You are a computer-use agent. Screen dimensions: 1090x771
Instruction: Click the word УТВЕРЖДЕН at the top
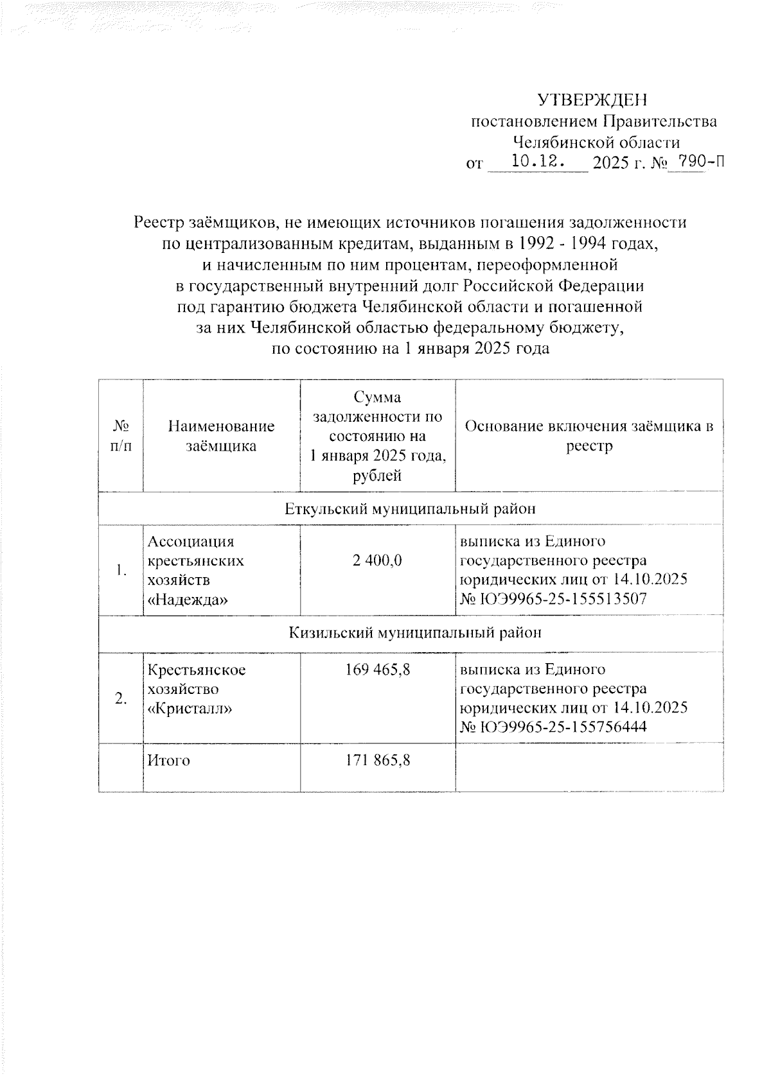tap(593, 100)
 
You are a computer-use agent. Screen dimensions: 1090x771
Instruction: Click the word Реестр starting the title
tap(159, 223)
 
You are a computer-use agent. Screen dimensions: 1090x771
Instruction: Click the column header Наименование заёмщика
tap(221, 436)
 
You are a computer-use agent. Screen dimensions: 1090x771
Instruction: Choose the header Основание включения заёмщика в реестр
tap(589, 436)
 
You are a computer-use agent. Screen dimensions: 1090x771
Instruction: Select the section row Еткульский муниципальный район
tap(410, 509)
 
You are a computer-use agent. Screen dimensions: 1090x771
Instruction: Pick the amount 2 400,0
tap(377, 560)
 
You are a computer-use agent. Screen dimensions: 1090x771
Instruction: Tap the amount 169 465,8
tap(377, 670)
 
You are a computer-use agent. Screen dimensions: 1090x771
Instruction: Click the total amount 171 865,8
tap(377, 761)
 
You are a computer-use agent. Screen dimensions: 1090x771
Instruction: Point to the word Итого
tap(169, 761)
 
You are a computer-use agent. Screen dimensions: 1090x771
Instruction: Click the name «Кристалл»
tap(190, 709)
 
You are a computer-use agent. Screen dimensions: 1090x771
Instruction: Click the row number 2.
tap(121, 699)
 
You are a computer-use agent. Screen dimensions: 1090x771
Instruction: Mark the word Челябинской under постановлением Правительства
tap(553, 142)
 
